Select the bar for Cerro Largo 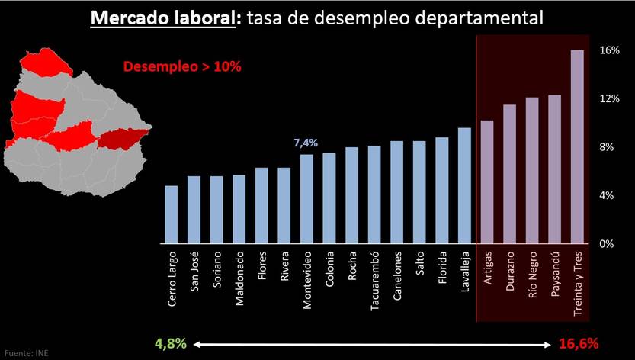172,214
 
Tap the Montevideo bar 306,198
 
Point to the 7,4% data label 306,143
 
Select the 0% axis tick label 605,244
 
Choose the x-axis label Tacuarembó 374,282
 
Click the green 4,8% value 172,343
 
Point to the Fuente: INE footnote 24,354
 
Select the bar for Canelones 396,192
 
